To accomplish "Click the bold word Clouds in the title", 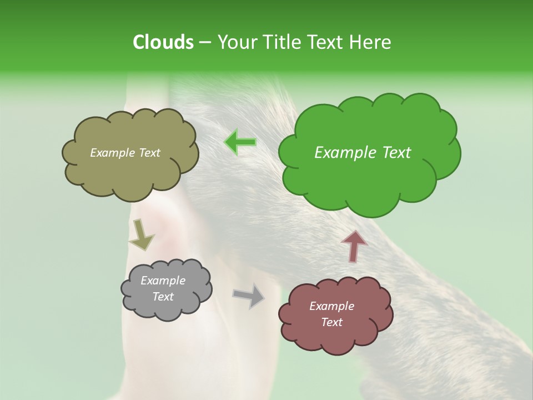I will click(x=163, y=42).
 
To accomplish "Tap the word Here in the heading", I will click(x=371, y=42).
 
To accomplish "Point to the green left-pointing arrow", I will click(x=240, y=142).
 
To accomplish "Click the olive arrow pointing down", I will click(x=141, y=234).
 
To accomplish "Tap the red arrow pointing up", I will click(x=354, y=246).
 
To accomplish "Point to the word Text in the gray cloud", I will click(x=163, y=297).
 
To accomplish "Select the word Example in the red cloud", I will click(x=331, y=306).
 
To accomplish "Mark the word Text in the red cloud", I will click(x=331, y=322).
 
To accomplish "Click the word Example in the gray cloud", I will click(x=163, y=281).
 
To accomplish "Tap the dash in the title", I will click(x=204, y=42).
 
